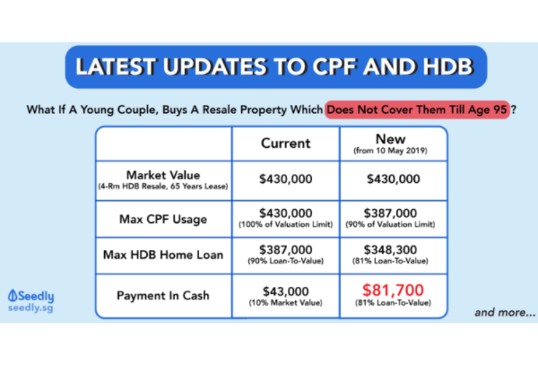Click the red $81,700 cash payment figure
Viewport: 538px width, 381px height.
coord(393,290)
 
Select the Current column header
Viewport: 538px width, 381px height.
coord(285,143)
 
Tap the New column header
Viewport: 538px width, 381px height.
coord(391,139)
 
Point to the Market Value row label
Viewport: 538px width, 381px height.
coord(163,175)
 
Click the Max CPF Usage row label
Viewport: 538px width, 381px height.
coord(163,219)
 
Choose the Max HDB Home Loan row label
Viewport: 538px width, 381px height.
coord(163,255)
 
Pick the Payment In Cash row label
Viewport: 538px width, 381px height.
coord(163,296)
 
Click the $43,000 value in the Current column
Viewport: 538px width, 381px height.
coord(285,292)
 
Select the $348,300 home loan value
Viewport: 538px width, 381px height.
coord(390,250)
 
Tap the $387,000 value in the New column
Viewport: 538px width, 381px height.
coord(390,213)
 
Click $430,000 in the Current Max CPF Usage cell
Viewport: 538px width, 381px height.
coord(285,213)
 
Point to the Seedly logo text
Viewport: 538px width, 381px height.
coord(31,296)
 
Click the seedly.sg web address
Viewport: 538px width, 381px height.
coord(30,308)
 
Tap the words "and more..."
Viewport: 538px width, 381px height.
coord(505,312)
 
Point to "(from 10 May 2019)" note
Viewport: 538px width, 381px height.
coord(391,151)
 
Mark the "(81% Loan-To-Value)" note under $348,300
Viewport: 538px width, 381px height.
coord(390,261)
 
